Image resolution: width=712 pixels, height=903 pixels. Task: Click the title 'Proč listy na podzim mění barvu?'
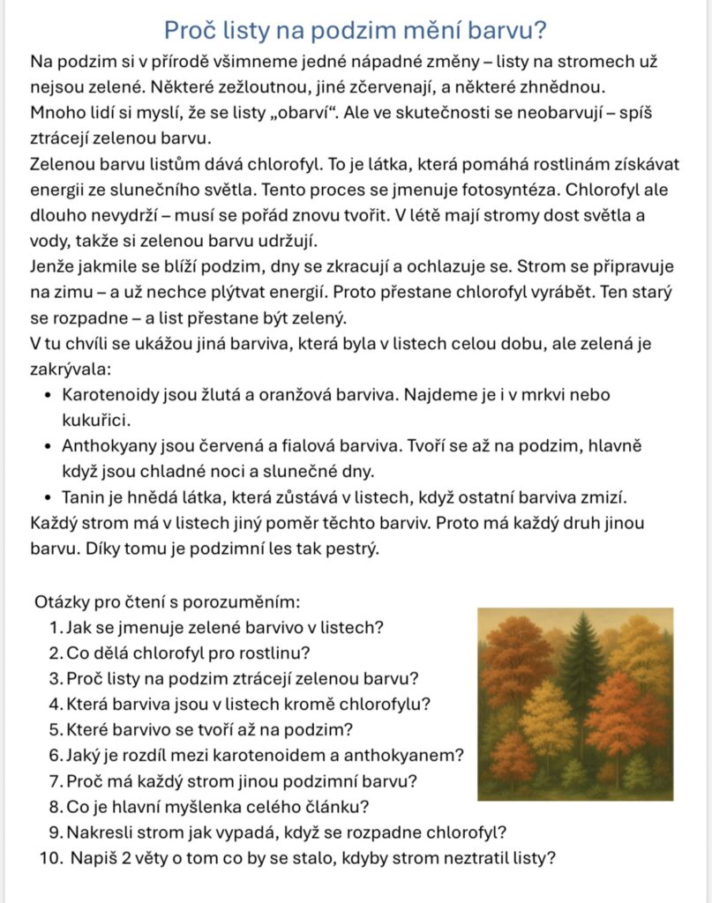[356, 30]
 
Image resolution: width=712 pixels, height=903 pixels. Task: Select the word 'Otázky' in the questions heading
[61, 602]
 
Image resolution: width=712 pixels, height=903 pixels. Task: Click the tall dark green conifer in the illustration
[581, 679]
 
